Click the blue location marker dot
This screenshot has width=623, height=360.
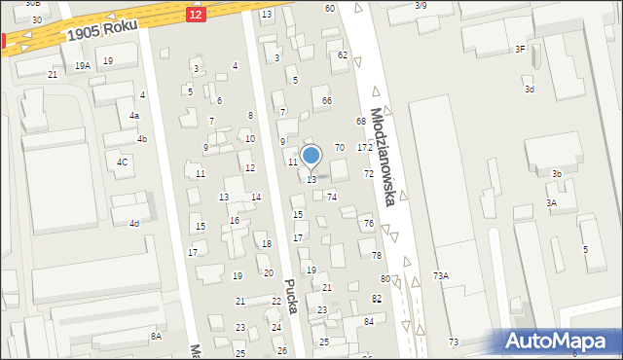pos(311,155)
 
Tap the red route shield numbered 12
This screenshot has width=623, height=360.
pos(196,14)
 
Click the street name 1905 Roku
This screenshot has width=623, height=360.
pos(100,29)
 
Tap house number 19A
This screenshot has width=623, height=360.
pos(84,65)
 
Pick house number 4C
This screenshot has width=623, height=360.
pos(122,162)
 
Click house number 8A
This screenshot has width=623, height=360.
pos(156,336)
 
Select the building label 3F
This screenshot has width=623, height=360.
pos(520,49)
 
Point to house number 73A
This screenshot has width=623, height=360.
pos(441,276)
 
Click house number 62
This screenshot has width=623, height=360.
pos(343,55)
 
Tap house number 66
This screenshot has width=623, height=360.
pos(327,101)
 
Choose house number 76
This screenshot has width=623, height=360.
pos(369,224)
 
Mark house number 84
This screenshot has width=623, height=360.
pos(369,321)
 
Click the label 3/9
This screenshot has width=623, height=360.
pos(421,6)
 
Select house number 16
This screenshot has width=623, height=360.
pos(235,221)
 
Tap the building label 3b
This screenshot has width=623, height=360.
pos(557,174)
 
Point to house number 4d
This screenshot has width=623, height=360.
pos(134,224)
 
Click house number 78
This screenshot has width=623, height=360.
pos(377,256)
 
